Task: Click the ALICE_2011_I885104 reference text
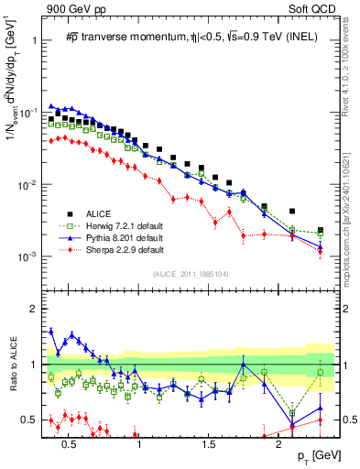(185, 275)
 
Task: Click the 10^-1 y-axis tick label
(25, 113)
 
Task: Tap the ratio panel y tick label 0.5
(27, 420)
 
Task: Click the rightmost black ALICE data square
(320, 230)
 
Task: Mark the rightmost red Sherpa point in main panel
(320, 250)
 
